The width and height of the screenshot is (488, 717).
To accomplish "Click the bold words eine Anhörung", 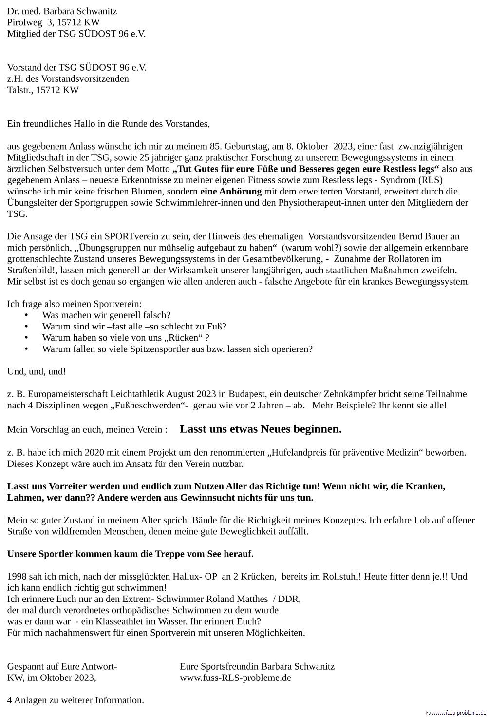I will click(231, 191).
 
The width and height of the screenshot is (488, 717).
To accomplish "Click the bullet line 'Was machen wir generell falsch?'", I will click(106, 315).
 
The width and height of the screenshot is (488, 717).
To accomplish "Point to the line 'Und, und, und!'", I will click(37, 371).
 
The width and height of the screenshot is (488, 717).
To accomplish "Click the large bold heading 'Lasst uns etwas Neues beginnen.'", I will click(261, 429).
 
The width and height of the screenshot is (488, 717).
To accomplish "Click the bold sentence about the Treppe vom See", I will click(130, 554).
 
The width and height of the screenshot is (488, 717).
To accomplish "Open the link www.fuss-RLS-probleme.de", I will click(235, 678).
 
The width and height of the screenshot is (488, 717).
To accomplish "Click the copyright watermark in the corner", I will click(456, 713).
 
